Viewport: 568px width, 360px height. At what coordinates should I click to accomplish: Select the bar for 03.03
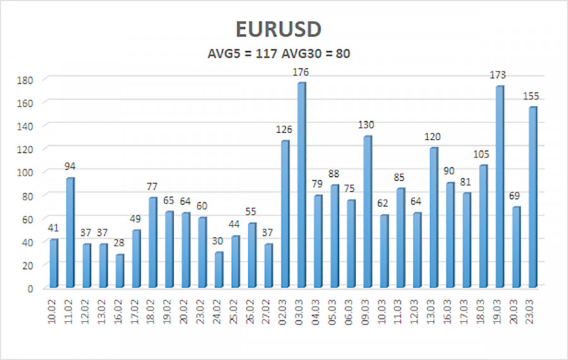(x=301, y=186)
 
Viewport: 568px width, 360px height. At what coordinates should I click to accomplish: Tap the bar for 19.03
(x=499, y=187)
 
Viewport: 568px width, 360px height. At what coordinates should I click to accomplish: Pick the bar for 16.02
(x=119, y=272)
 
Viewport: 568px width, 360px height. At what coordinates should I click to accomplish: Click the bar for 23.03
(x=532, y=198)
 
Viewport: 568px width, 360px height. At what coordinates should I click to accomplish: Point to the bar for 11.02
(x=70, y=233)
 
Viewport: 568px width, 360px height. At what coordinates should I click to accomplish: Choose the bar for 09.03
(x=367, y=212)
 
